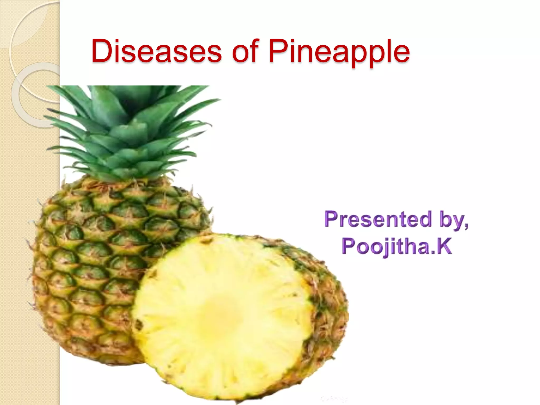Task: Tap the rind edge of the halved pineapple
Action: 330,303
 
